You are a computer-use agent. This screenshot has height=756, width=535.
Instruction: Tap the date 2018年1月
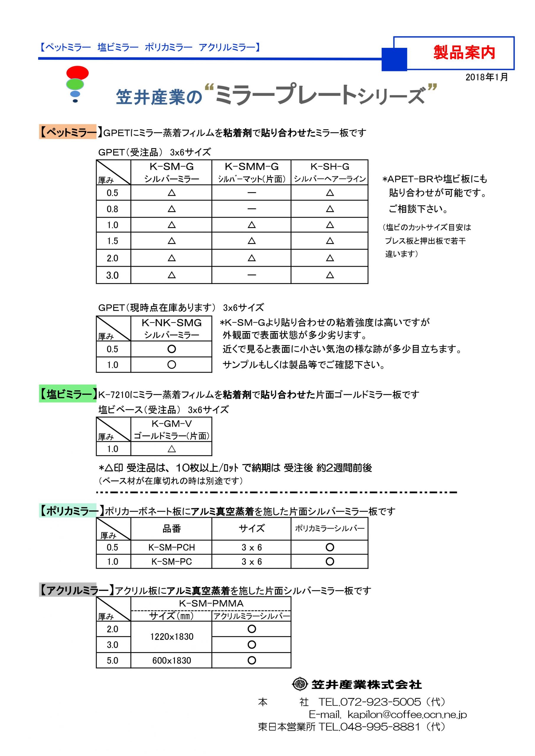[486, 77]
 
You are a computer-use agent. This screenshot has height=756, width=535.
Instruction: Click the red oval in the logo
[77, 72]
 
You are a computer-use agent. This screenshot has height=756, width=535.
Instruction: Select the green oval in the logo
[75, 84]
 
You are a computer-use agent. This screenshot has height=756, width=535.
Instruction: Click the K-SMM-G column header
[251, 167]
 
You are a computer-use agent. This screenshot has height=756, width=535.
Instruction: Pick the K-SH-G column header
[329, 167]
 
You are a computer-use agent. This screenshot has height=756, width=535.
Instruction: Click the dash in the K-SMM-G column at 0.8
[251, 209]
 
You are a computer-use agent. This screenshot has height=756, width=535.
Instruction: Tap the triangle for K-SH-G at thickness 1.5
[330, 241]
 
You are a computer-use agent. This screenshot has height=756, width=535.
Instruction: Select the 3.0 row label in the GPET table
[112, 275]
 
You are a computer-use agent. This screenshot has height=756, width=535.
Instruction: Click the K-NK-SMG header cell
[171, 323]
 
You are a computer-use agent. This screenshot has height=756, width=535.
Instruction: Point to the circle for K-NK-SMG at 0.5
[172, 349]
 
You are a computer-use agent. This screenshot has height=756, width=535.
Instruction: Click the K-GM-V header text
[171, 424]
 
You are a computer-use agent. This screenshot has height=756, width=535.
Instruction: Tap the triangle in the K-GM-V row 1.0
[172, 449]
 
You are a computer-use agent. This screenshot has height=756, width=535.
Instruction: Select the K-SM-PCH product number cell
[171, 547]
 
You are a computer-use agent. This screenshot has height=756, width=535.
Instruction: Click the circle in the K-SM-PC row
[330, 561]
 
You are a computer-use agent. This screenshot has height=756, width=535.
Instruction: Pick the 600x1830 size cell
[171, 660]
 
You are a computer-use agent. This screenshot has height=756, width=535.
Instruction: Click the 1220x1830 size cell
[171, 636]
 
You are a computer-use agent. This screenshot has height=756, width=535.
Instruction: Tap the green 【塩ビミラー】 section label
[68, 394]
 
